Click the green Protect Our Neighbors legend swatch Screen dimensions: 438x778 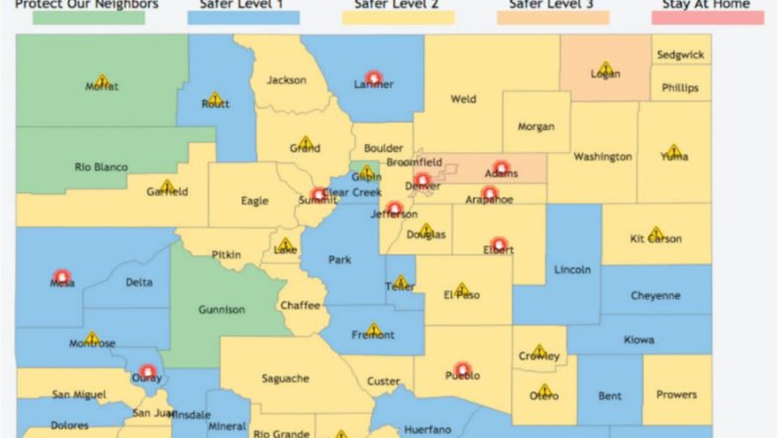(x=89, y=17)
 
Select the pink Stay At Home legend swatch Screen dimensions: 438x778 (x=707, y=17)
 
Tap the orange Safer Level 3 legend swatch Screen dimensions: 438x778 (x=553, y=17)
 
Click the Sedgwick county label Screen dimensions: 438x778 (x=680, y=55)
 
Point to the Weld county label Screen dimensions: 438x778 (x=463, y=99)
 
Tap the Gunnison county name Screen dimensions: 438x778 (x=221, y=310)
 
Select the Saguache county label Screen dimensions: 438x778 (x=285, y=379)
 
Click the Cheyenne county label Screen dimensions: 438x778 (x=656, y=296)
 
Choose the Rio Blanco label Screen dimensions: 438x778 (x=101, y=167)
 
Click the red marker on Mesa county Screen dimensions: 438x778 (x=62, y=276)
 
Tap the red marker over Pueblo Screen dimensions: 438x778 (x=462, y=368)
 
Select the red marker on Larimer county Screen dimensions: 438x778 (x=373, y=78)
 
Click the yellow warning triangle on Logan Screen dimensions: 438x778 (x=605, y=68)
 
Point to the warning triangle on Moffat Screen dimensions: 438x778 (x=102, y=80)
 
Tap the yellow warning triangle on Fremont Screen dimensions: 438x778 (x=373, y=329)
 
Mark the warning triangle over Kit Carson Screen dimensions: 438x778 (x=656, y=232)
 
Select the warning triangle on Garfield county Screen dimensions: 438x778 (x=167, y=186)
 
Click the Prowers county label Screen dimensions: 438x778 (x=676, y=395)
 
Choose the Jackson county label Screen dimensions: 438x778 (x=286, y=80)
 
